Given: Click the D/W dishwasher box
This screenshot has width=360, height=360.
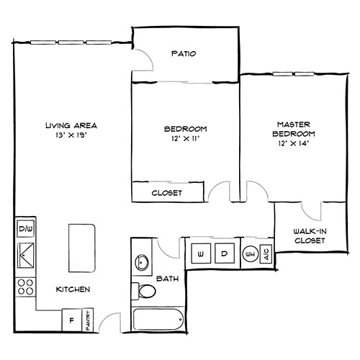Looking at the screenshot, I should pos(24,230).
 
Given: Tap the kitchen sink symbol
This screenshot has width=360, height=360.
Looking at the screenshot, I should pos(24,253).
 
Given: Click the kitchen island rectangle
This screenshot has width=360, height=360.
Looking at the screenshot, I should pos(82,246).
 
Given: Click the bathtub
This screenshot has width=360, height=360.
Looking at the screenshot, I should pos(157,319).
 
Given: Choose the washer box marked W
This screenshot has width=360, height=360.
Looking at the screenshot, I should pos(200,254).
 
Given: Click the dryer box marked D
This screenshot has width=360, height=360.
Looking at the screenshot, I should pos(224,254).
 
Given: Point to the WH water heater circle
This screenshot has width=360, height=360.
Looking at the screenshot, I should pos(251,254).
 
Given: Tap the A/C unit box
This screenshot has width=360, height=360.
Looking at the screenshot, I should pos(266,254).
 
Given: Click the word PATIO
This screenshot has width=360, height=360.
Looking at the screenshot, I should pos(184,54).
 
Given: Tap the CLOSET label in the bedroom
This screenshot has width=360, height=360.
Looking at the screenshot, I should pos(166,193).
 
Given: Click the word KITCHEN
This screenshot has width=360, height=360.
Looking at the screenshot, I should pos(73,289).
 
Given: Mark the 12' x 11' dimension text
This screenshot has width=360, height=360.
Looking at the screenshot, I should pos(185,139).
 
